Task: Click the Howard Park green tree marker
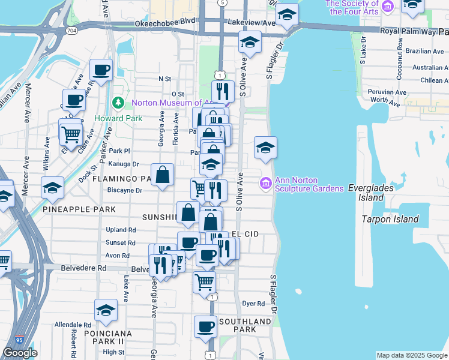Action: pyautogui.click(x=118, y=103)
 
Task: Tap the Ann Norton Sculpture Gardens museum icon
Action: pyautogui.click(x=265, y=182)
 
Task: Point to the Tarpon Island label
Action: pyautogui.click(x=390, y=219)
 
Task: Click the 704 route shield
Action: pyautogui.click(x=71, y=29)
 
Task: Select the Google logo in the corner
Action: pyautogui.click(x=20, y=353)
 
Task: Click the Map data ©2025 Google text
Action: pyautogui.click(x=412, y=355)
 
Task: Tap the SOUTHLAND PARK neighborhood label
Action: pyautogui.click(x=244, y=326)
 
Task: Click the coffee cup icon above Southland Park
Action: pyautogui.click(x=205, y=327)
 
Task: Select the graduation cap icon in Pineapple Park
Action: pyautogui.click(x=52, y=188)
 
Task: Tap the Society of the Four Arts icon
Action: pyautogui.click(x=387, y=7)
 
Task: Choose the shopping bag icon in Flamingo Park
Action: pyautogui.click(x=163, y=175)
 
